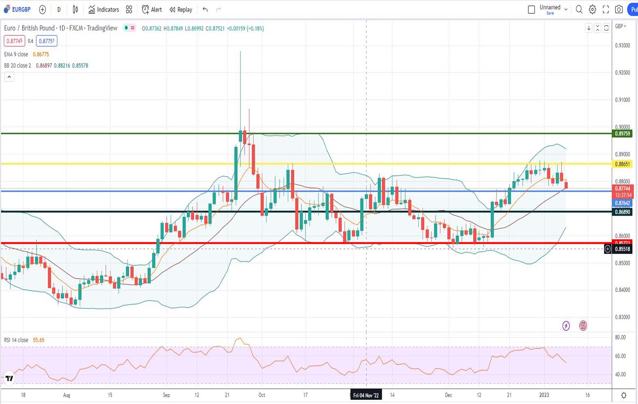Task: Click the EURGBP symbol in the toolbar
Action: [21, 9]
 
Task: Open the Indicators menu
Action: [104, 9]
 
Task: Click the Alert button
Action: [152, 9]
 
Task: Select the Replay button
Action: [181, 9]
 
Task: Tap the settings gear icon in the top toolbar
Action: [592, 9]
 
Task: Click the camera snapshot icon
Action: [619, 9]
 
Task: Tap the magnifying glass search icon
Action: [579, 9]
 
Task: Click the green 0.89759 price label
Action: [622, 133]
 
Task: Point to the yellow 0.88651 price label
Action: [622, 164]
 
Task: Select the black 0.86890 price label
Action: [622, 212]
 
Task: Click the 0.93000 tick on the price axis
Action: [622, 46]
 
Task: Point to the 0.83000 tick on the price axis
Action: [622, 317]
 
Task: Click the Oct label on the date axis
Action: [262, 395]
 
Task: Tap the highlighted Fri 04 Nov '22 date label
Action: [366, 395]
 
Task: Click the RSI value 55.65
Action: [39, 340]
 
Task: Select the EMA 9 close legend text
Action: [16, 54]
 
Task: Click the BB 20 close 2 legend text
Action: [17, 65]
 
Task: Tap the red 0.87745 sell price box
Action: [14, 41]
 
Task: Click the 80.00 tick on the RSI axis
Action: [620, 337]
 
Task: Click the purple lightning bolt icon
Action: [566, 326]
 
